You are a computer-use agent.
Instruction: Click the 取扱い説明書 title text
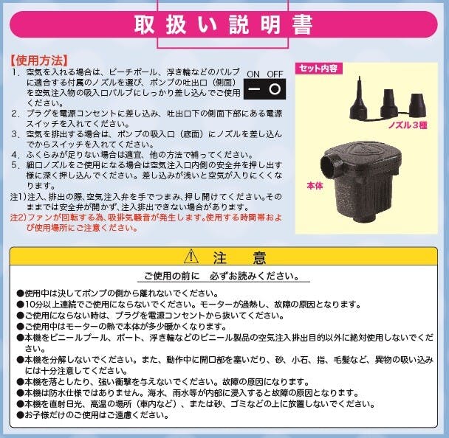(223, 25)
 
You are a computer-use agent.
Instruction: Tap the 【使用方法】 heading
(39, 60)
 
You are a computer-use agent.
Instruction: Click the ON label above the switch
(253, 74)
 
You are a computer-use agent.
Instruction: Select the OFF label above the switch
(275, 74)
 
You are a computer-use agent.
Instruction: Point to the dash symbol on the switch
(254, 89)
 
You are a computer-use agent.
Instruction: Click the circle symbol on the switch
(275, 89)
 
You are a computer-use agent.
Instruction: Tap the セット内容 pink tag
(318, 69)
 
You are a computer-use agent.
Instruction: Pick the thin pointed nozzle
(358, 99)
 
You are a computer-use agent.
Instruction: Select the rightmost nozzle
(417, 105)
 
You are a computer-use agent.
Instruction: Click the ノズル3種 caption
(408, 125)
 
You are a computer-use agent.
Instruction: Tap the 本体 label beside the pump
(315, 186)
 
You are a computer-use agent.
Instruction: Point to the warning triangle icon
(191, 257)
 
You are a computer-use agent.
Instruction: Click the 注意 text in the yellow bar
(239, 257)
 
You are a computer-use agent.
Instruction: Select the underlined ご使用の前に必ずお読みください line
(222, 276)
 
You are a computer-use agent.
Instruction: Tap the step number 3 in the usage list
(16, 134)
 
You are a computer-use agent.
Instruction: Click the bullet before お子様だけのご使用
(20, 415)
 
